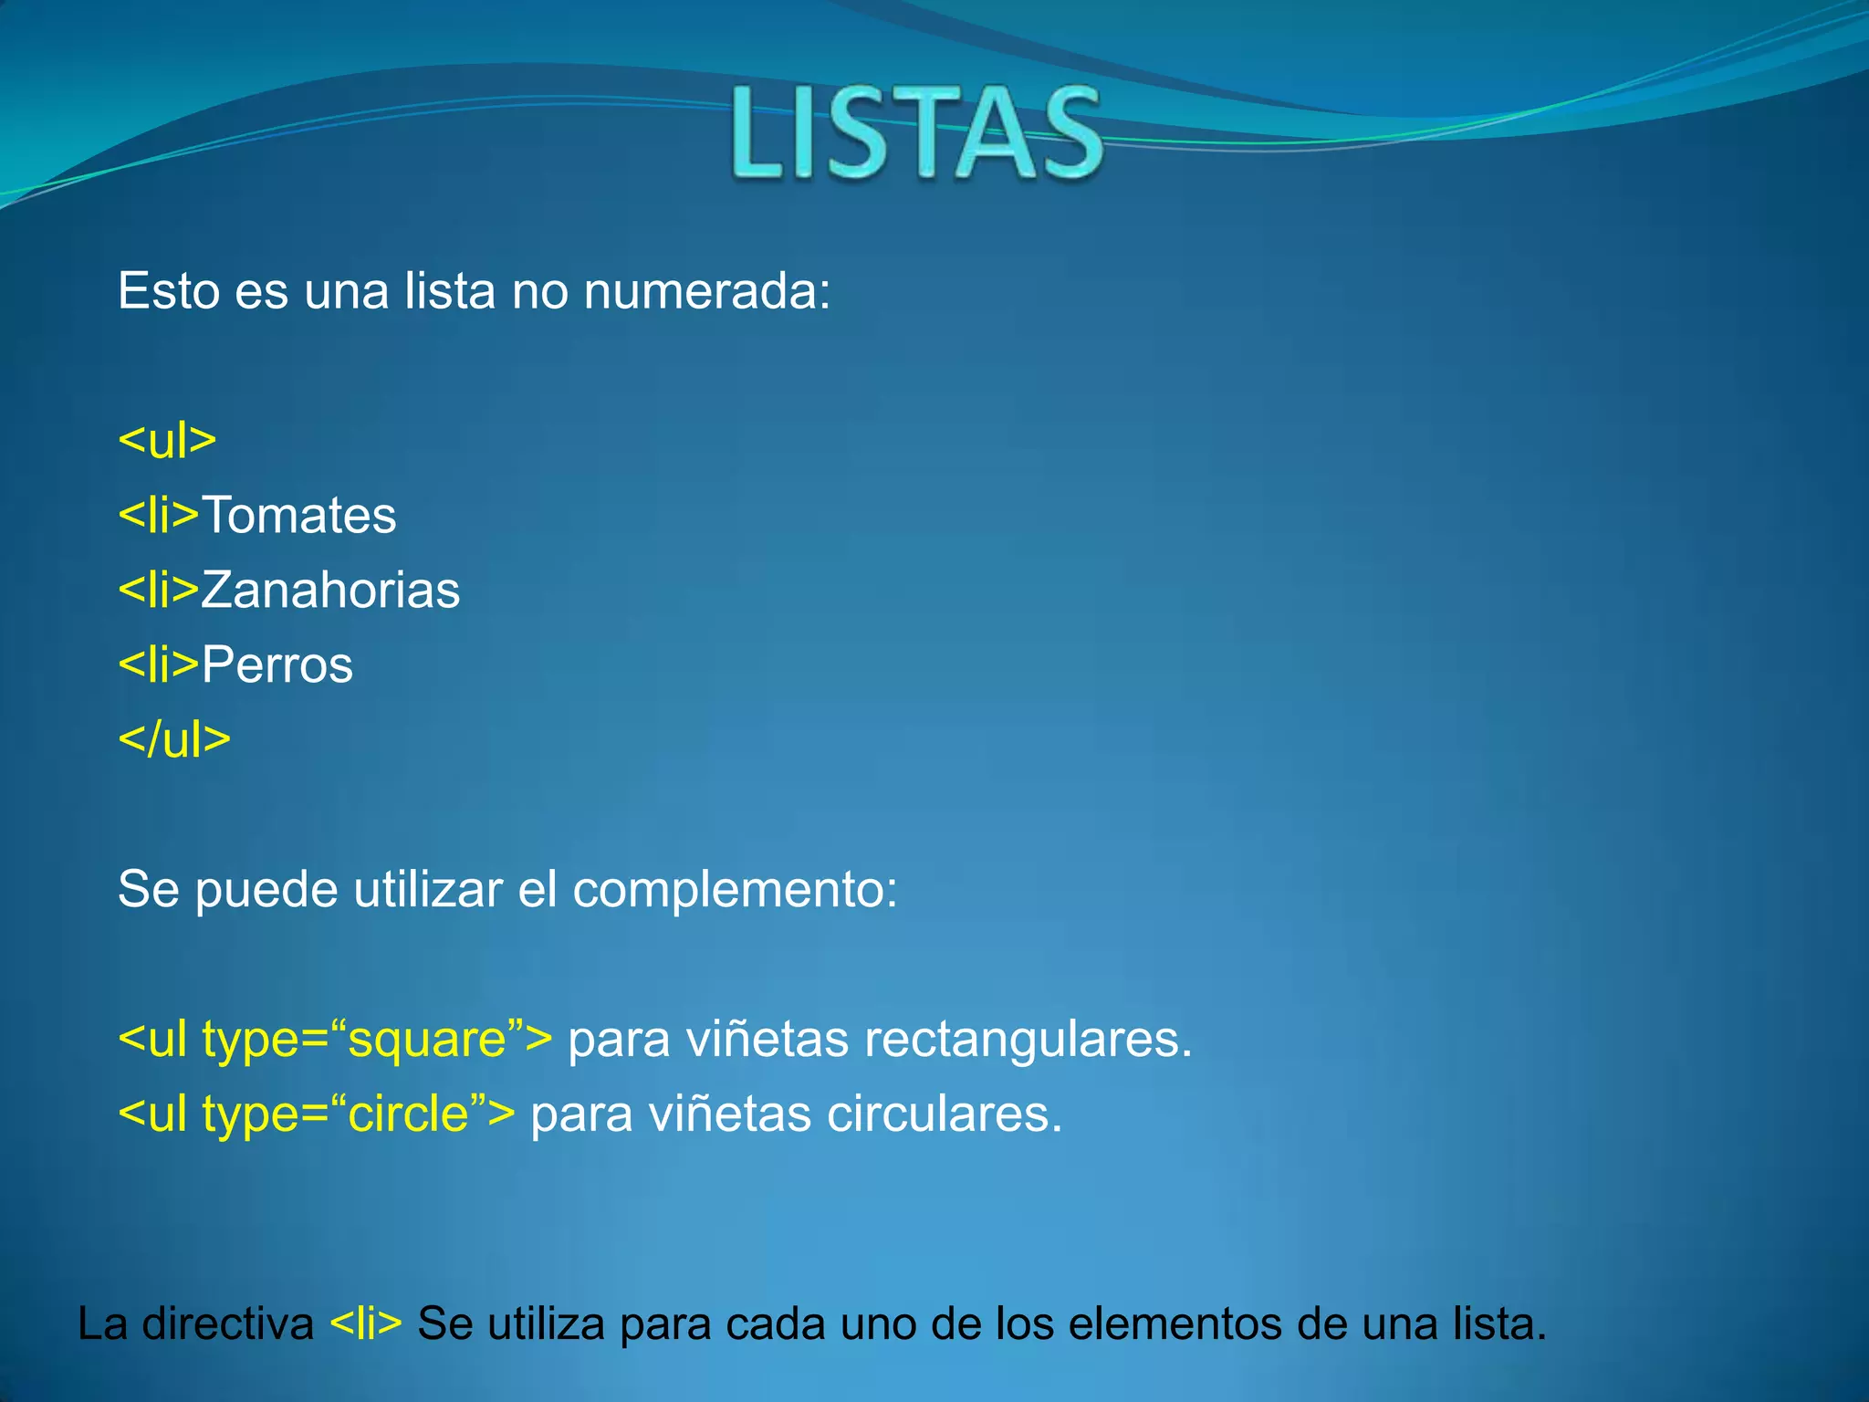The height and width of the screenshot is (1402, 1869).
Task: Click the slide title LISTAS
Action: pos(917,132)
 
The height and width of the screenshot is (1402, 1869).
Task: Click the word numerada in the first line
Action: pos(706,292)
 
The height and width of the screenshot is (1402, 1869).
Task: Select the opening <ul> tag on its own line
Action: pos(167,441)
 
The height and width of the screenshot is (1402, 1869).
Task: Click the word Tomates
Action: pos(299,516)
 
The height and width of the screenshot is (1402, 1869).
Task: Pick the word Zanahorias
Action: pos(330,591)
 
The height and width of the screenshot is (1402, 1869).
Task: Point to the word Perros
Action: pos(277,664)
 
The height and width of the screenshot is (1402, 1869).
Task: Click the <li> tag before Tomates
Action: pos(159,516)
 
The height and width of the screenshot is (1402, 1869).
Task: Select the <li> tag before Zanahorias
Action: pos(159,591)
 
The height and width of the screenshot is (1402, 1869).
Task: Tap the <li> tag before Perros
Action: pos(159,664)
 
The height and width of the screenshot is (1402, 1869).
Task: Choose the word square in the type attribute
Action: pos(428,1041)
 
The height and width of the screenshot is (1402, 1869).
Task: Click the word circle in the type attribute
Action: pos(409,1114)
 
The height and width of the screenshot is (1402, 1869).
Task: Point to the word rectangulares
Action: pos(1028,1040)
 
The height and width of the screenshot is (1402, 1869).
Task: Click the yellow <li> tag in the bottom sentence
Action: pos(365,1324)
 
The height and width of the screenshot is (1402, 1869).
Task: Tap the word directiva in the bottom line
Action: pos(228,1324)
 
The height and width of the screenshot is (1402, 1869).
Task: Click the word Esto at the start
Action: pos(169,292)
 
